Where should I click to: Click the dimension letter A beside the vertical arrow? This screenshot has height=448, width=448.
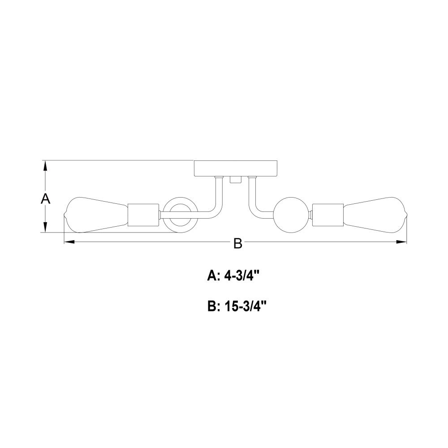click(x=45, y=198)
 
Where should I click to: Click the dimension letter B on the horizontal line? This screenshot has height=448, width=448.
click(x=238, y=244)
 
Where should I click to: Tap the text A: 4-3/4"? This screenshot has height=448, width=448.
click(x=233, y=276)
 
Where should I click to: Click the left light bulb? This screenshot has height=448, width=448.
click(x=95, y=215)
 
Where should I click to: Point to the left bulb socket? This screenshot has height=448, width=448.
click(x=143, y=215)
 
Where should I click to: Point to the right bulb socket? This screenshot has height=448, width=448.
click(x=328, y=215)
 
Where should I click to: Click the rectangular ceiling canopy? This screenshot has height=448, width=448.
click(x=236, y=168)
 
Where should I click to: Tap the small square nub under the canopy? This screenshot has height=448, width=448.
click(x=236, y=180)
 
